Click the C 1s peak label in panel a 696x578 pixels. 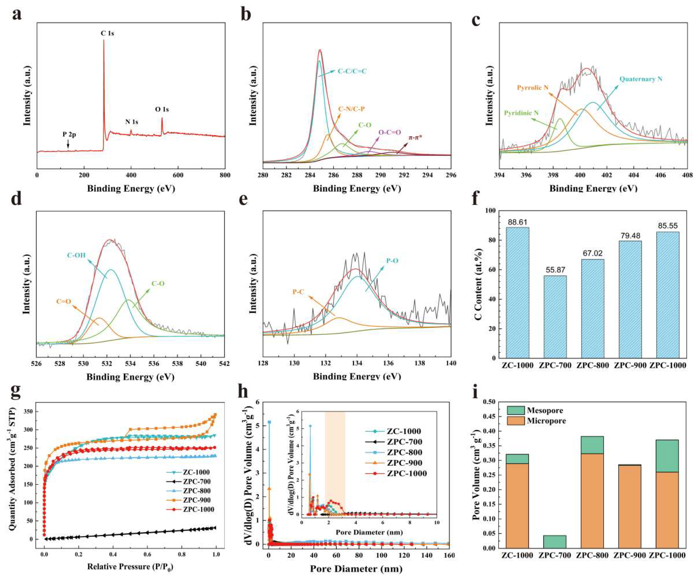[107, 33]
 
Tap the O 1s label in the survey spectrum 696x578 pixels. [162, 109]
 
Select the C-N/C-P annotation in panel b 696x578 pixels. [351, 109]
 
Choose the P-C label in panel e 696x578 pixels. [298, 292]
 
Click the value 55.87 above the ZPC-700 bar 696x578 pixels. [555, 270]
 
